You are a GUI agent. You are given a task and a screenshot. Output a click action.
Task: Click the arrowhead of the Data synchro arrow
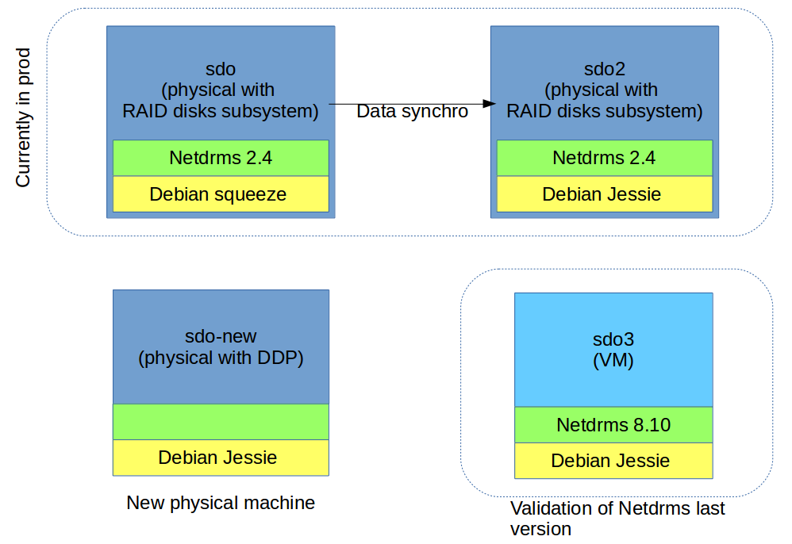click(489, 104)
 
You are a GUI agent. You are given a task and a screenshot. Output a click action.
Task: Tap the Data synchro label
click(412, 111)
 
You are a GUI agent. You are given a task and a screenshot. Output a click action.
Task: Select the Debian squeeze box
click(221, 193)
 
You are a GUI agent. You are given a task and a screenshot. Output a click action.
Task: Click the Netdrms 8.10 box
click(613, 425)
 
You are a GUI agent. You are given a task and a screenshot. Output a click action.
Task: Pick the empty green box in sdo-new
click(221, 422)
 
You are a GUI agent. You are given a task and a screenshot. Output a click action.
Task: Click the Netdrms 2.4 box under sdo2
click(605, 158)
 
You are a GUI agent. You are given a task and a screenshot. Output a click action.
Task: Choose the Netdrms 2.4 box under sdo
click(221, 158)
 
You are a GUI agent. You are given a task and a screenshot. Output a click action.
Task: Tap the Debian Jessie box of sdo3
click(613, 461)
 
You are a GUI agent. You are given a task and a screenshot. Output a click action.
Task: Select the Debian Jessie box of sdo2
click(605, 193)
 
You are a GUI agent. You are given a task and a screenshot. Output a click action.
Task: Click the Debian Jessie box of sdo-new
click(221, 458)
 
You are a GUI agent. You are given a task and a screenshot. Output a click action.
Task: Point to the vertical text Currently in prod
click(23, 117)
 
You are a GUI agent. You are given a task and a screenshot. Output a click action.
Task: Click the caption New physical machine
click(221, 503)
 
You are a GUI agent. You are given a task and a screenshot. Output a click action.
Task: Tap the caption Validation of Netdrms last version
click(617, 519)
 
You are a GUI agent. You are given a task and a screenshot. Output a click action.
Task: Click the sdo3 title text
click(613, 339)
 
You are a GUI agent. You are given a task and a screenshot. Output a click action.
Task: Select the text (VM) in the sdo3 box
click(613, 360)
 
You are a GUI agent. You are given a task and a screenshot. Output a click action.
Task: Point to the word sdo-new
click(221, 336)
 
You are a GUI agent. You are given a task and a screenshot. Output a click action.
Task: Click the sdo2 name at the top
click(605, 69)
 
